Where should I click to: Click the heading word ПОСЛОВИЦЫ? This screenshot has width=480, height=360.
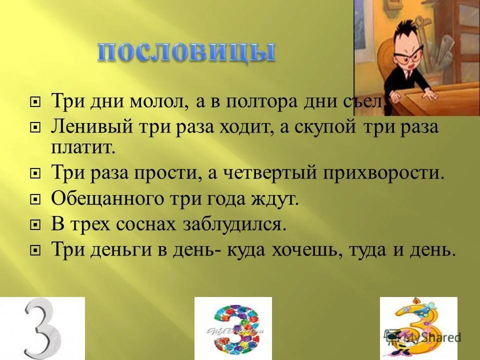pyautogui.click(x=186, y=53)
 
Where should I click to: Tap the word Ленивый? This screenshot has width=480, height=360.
pyautogui.click(x=90, y=127)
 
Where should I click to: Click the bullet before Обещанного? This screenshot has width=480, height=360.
pyautogui.click(x=35, y=199)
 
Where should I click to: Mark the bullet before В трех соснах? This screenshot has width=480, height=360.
pyautogui.click(x=35, y=224)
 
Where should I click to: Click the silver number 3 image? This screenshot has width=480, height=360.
pyautogui.click(x=42, y=328)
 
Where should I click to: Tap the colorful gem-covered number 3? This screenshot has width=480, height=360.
pyautogui.click(x=233, y=328)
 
